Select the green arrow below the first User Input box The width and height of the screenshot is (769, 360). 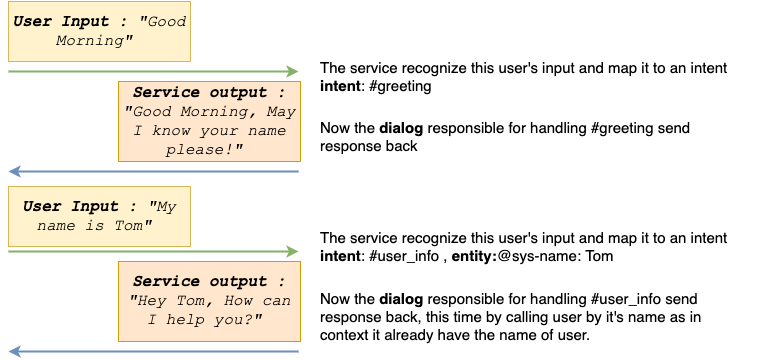tap(150, 71)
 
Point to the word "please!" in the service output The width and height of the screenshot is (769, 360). tap(205, 149)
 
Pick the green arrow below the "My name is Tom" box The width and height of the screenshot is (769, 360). tap(150, 251)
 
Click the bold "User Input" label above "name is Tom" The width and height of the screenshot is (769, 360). tap(70, 206)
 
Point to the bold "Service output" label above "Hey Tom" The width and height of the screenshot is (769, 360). tap(200, 281)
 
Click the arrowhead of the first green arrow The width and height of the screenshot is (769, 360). tap(292, 71)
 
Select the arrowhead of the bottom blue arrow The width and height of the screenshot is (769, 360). tap(14, 351)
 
